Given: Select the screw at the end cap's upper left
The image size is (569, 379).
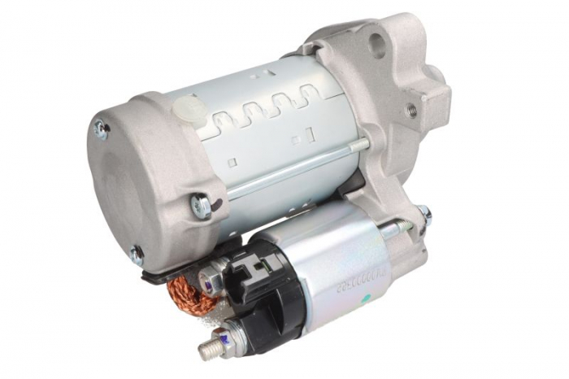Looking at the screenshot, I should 102,128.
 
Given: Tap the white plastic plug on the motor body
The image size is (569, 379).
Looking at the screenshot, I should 187,107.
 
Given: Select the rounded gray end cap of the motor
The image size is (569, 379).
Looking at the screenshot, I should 138,179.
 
